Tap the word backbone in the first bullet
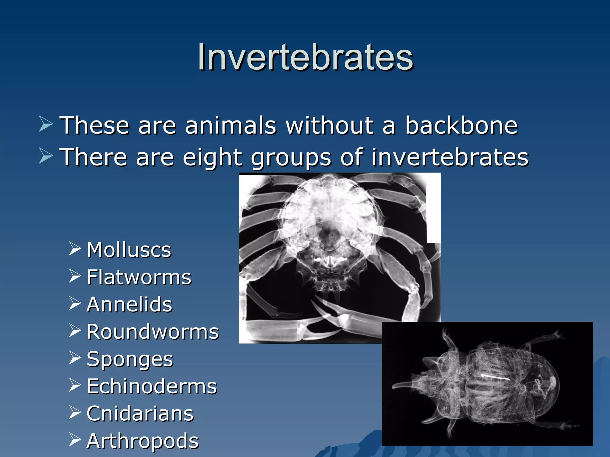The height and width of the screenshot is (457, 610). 461,125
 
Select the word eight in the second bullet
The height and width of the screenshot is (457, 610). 212,157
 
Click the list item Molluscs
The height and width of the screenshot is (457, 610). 129,250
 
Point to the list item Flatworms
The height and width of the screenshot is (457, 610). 139,277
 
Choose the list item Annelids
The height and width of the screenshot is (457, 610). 129,305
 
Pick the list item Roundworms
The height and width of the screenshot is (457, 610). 152,332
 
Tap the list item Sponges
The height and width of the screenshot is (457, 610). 130,359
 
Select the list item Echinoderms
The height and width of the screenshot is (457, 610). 152,386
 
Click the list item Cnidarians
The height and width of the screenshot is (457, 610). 140,414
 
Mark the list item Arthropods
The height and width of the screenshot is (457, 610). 142,441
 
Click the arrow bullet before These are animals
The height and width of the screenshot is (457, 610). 46,124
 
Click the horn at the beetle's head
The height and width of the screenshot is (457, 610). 402,386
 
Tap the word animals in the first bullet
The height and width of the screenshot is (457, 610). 231,125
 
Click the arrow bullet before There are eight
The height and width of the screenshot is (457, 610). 46,156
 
